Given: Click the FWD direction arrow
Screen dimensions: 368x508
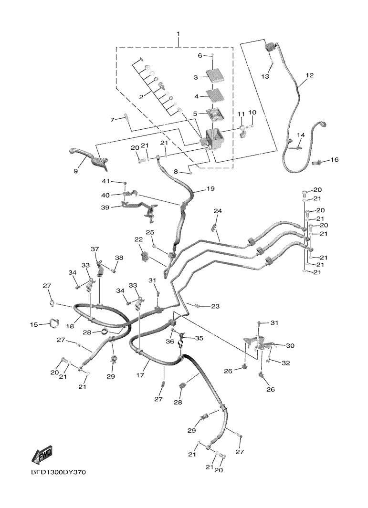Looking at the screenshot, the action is click(x=42, y=455).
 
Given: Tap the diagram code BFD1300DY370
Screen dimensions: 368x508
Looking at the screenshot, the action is click(x=59, y=472).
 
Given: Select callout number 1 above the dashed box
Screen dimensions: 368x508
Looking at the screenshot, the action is click(x=178, y=34).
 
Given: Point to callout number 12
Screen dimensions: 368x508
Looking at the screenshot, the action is click(x=310, y=75).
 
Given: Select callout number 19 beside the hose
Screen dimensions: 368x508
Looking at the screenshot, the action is click(x=210, y=188).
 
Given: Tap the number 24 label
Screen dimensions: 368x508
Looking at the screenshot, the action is click(x=218, y=211).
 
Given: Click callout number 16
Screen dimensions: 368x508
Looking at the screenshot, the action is click(x=334, y=160).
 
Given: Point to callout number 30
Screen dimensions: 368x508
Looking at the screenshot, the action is click(x=290, y=346).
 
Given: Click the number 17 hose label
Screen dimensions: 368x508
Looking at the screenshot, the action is click(x=140, y=375).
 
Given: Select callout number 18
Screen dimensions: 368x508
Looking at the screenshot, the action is click(x=70, y=326).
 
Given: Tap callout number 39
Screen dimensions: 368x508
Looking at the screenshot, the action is click(x=105, y=207).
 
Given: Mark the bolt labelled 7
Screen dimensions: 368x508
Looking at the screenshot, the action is click(x=126, y=119).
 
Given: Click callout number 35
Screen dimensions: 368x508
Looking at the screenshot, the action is click(x=199, y=338).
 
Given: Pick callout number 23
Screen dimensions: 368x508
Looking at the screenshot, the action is click(x=215, y=306).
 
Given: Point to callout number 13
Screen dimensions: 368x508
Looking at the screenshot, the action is click(x=265, y=76).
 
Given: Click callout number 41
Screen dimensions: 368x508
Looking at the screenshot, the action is click(x=106, y=181).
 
